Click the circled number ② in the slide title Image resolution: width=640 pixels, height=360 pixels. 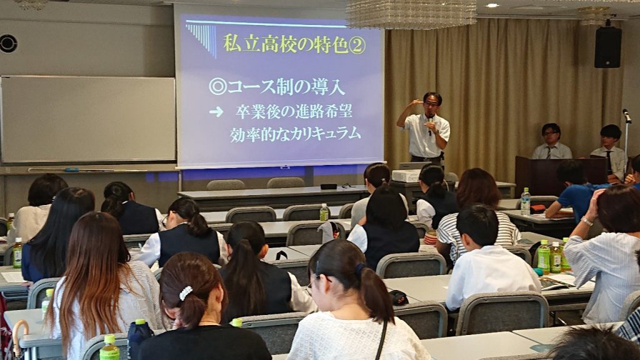point(357,46)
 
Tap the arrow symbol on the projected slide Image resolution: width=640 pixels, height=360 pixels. point(216,112)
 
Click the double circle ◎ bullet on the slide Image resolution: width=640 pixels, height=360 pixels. point(217,86)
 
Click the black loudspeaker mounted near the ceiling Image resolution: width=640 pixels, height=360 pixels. point(607,47)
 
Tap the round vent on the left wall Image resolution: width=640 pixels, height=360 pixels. point(8,44)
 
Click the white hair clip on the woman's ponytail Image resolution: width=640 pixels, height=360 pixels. point(186,292)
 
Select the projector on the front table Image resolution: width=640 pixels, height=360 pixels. point(406,176)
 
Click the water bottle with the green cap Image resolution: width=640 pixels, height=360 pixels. point(525,201)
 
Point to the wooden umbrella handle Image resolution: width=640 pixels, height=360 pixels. point(19,332)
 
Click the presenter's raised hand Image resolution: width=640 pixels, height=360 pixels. point(416,102)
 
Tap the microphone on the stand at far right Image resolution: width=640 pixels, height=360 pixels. point(627,116)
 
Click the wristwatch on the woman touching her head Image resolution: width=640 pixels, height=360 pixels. point(587,221)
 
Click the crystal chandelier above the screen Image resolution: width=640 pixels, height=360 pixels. point(411,14)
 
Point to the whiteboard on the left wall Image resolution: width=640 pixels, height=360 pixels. point(88,119)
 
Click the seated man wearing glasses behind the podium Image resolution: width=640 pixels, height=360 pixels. point(551,142)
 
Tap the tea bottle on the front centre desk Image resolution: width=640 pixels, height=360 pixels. point(324,212)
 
